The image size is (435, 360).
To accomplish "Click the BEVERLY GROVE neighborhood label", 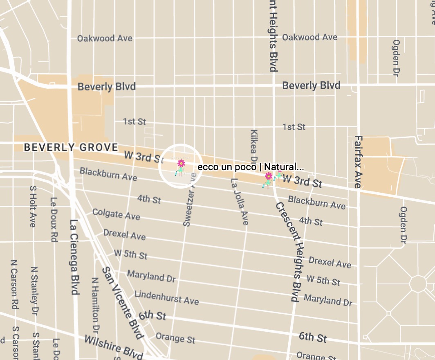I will tap(71, 147).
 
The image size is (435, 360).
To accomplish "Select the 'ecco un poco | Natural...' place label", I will tap(250, 167).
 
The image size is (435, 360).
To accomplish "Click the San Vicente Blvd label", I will tap(123, 303).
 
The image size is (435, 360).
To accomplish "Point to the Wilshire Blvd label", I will tap(113, 345).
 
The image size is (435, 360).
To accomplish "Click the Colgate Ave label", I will tap(116, 214).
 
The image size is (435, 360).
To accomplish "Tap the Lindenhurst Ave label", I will tap(166, 297).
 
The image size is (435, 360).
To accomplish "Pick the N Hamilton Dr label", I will tap(95, 305).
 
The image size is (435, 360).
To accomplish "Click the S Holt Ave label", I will tap(32, 207).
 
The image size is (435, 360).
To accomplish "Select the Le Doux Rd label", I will tap(53, 219).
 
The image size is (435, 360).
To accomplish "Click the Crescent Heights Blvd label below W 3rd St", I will tap(291, 251).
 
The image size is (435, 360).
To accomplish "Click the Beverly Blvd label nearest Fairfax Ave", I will tap(311, 85).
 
